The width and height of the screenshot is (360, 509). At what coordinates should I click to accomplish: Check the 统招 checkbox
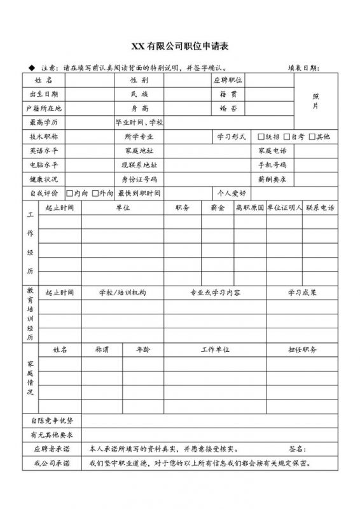[261, 137]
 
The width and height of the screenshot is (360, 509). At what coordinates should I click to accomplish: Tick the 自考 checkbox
[287, 137]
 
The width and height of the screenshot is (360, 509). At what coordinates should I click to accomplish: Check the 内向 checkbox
[70, 193]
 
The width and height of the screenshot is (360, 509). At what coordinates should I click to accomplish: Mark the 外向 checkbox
[95, 193]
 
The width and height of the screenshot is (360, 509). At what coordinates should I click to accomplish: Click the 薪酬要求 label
[272, 179]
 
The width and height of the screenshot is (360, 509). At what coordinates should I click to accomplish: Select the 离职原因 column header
[249, 207]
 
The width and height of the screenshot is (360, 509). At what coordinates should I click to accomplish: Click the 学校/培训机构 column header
[123, 292]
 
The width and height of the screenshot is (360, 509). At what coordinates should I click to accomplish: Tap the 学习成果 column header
[302, 292]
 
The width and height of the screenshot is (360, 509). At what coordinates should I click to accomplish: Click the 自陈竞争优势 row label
[52, 421]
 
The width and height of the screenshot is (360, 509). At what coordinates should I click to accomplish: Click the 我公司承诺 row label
[52, 463]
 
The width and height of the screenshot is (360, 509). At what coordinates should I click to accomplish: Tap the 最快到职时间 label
[139, 193]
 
